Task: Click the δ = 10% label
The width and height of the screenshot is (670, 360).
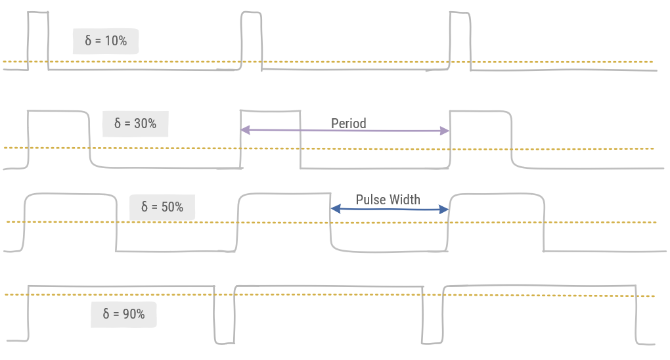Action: (106, 41)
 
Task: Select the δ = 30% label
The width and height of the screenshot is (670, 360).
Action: (135, 124)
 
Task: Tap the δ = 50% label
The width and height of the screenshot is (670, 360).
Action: (162, 207)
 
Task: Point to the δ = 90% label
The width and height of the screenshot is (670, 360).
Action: (123, 314)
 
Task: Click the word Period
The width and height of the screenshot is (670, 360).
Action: (348, 124)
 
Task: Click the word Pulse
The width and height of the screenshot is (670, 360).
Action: (370, 200)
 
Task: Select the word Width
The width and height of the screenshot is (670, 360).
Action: (405, 200)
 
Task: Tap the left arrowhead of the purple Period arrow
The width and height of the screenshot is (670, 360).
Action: (244, 130)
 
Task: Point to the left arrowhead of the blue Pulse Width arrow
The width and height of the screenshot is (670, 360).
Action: (334, 209)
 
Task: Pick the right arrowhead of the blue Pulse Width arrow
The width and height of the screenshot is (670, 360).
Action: (445, 210)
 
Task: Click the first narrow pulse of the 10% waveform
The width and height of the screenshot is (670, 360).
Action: (37, 39)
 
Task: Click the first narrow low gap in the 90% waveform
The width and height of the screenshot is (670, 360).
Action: (224, 315)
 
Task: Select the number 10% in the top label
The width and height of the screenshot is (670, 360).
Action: (115, 41)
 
